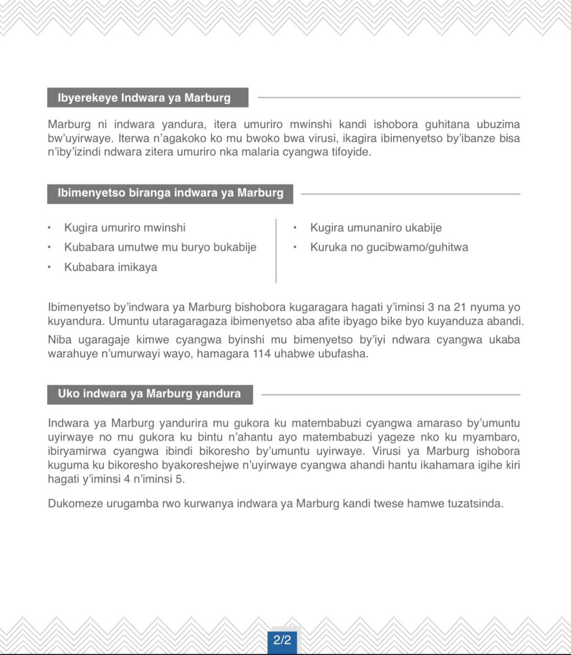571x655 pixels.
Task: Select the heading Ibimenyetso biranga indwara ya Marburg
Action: pos(170,193)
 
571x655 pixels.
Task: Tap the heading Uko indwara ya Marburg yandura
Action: pos(149,394)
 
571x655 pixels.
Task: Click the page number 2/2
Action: pos(282,640)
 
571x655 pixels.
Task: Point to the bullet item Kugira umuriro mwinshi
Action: pos(125,228)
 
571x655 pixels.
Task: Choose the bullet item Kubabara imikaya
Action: pos(111,267)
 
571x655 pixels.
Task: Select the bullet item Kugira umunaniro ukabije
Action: pos(376,228)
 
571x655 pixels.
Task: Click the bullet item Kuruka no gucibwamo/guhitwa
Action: pos(389,247)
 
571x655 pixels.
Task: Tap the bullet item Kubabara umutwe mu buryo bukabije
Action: pos(160,247)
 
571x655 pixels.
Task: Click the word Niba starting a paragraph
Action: pos(60,340)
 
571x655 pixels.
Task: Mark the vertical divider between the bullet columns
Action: pos(276,251)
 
